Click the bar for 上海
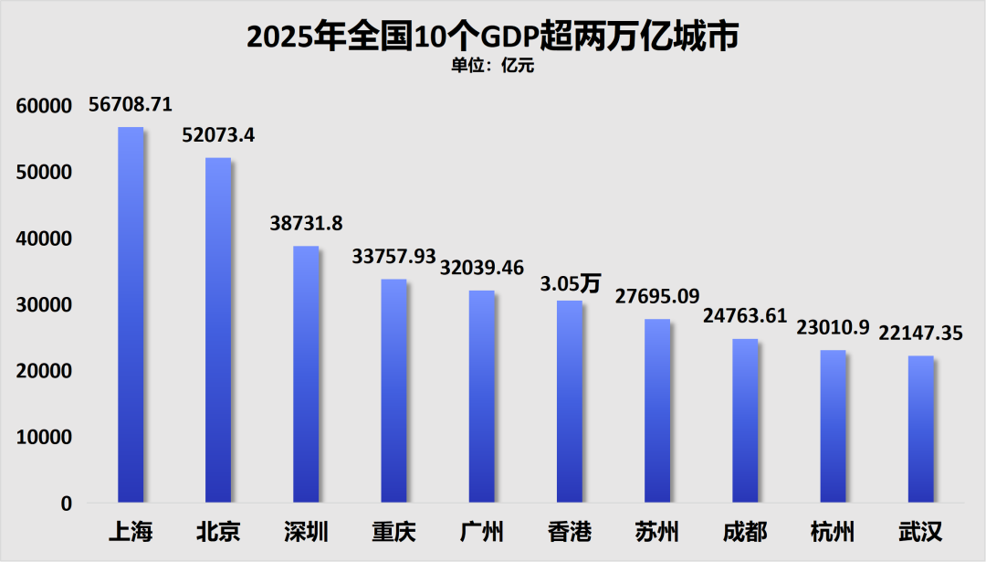click(x=131, y=315)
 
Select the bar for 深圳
click(x=306, y=375)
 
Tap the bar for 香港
click(x=569, y=402)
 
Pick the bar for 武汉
click(x=920, y=429)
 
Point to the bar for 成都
click(x=745, y=420)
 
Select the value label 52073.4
click(x=218, y=135)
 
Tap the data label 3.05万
click(x=570, y=283)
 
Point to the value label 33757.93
click(x=393, y=257)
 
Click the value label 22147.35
click(x=920, y=333)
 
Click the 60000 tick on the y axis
click(x=44, y=106)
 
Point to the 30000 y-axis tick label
click(x=44, y=305)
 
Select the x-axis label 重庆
click(x=394, y=531)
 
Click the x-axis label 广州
click(x=482, y=531)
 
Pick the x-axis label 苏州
click(x=657, y=531)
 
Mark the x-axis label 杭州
click(x=833, y=531)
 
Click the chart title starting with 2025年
click(x=492, y=37)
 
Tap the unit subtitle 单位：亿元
click(x=492, y=65)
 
